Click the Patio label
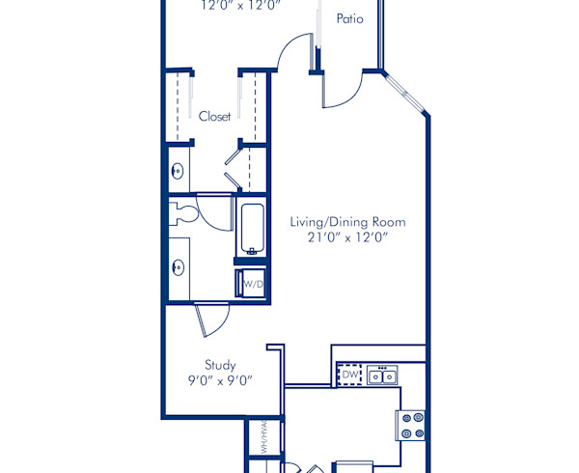[349, 18]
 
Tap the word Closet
[214, 116]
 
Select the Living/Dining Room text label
[347, 222]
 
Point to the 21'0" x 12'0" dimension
[347, 238]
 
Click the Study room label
[220, 365]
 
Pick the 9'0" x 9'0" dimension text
[220, 380]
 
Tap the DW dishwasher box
[349, 374]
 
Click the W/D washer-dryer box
[252, 284]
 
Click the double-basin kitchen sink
[382, 374]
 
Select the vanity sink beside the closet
[177, 171]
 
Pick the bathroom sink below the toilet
[177, 267]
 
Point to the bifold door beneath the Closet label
[232, 165]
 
